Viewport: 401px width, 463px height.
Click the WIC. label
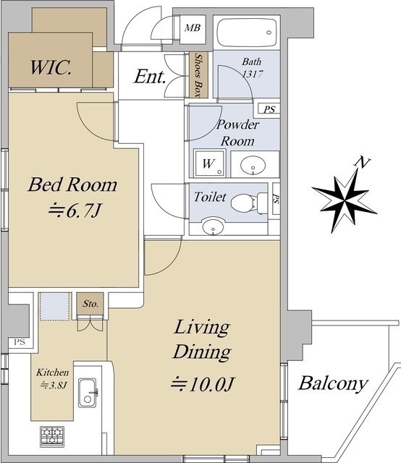click(x=51, y=67)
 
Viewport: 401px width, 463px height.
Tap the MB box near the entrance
click(x=193, y=29)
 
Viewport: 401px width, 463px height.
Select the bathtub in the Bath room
click(x=247, y=33)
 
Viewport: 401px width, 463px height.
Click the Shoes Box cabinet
click(x=198, y=75)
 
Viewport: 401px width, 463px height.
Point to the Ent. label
click(x=150, y=77)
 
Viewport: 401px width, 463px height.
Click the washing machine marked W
click(x=209, y=163)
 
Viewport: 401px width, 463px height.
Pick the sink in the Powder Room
click(x=253, y=165)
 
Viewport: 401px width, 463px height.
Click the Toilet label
click(x=210, y=197)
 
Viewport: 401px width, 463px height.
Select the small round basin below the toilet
click(x=213, y=226)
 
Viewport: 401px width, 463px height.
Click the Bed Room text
click(x=72, y=184)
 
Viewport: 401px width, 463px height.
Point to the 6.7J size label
click(x=75, y=211)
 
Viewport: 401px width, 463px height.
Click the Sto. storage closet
click(x=90, y=304)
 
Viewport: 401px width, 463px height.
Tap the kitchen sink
click(x=87, y=392)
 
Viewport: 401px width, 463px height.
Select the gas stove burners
click(x=52, y=437)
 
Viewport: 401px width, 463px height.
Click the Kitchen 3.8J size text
click(x=53, y=378)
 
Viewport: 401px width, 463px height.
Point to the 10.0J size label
click(x=203, y=384)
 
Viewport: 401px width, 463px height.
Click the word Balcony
click(x=333, y=383)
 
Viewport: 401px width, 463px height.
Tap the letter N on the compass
click(x=363, y=162)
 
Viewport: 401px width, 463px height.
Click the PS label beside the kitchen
click(x=20, y=342)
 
